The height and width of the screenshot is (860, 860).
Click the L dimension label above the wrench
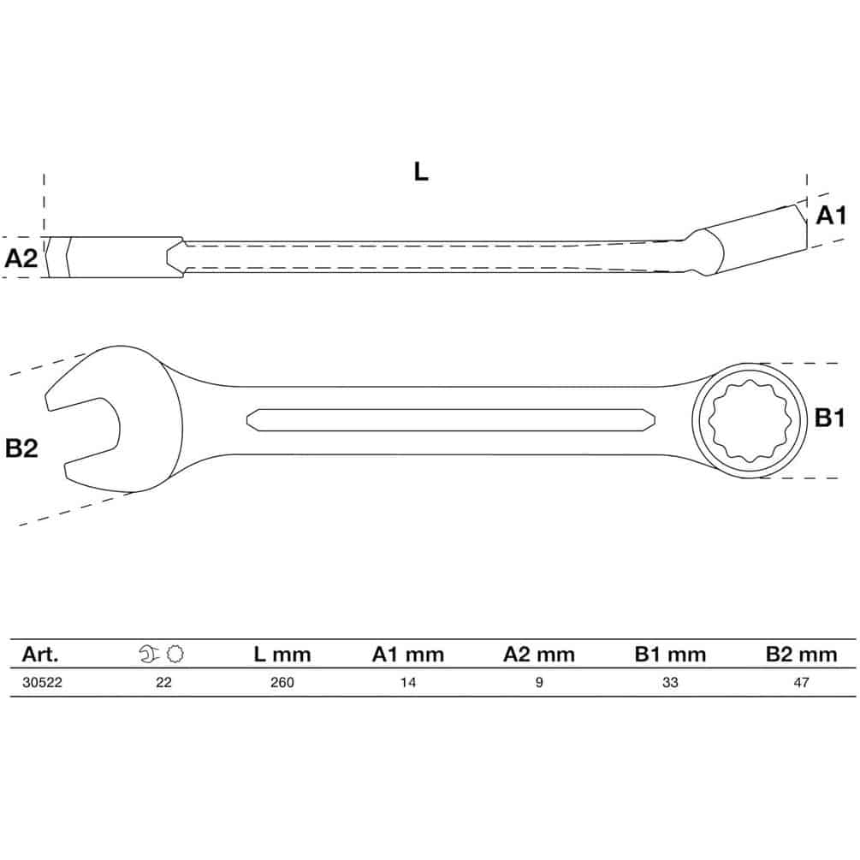pos(421,172)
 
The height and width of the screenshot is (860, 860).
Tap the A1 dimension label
pos(831,216)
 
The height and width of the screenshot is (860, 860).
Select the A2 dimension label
pos(21,258)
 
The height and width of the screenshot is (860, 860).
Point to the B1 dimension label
pos(830,418)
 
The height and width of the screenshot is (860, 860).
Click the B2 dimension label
pos(21,448)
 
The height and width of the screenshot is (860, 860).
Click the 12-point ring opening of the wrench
pos(750,421)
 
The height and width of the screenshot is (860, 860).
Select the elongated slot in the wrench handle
pos(451,420)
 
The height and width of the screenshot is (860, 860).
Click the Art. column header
pos(39,655)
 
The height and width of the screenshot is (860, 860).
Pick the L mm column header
pos(282,655)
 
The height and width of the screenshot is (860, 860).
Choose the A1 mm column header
pos(407,655)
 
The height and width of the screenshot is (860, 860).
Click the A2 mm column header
pos(538,655)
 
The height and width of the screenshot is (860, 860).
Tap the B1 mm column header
pos(670,655)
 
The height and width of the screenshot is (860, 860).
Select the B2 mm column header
pos(801,655)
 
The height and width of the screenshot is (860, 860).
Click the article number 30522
pos(42,682)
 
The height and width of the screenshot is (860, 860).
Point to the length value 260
pos(282,682)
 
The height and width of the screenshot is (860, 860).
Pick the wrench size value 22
pos(163,682)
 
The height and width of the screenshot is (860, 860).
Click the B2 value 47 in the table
pos(801,682)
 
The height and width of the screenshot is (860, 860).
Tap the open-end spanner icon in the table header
pos(149,654)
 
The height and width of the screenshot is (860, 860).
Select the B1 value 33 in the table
pos(670,682)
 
